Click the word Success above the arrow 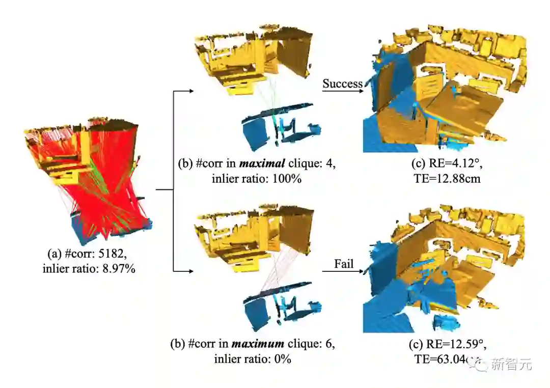tap(342, 84)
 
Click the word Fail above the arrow tap(344, 264)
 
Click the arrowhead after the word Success tap(362, 92)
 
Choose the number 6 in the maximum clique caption tap(329, 344)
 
